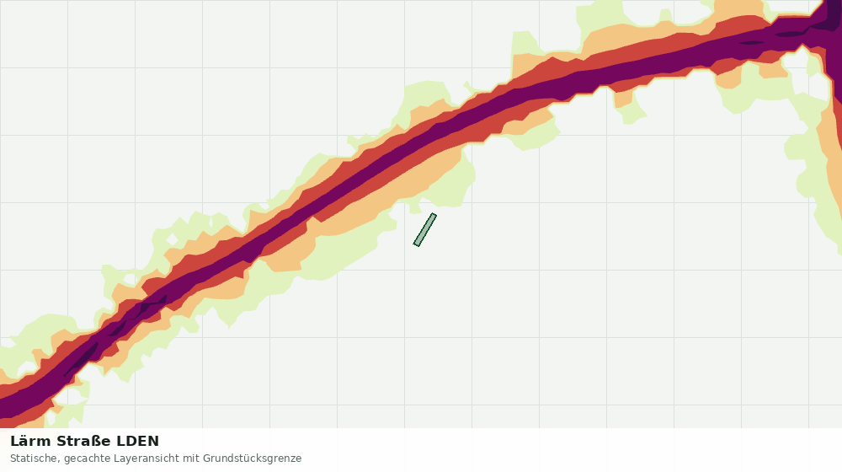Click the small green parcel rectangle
pyautogui.click(x=424, y=230)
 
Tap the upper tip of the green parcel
pyautogui.click(x=433, y=214)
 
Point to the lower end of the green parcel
pyautogui.click(x=417, y=244)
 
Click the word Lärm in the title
pyautogui.click(x=30, y=441)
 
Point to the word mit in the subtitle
pyautogui.click(x=191, y=459)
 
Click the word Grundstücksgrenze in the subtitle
pyautogui.click(x=253, y=459)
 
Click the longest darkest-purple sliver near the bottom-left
pyautogui.click(x=82, y=359)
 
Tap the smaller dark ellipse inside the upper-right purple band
pyautogui.click(x=751, y=43)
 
